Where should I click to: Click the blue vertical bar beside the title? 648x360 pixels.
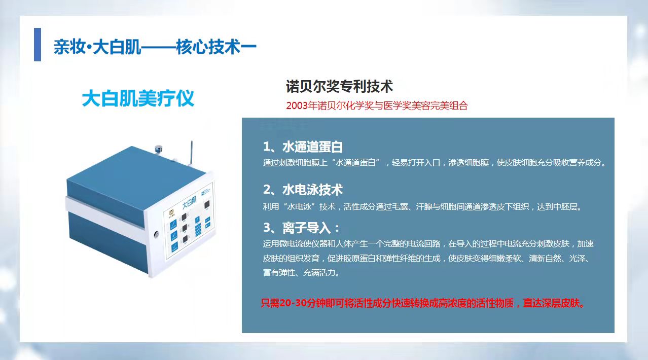38,45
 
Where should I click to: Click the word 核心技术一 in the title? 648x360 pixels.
216,47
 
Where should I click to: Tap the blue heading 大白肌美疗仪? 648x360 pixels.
138,99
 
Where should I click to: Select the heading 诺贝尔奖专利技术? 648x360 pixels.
339,86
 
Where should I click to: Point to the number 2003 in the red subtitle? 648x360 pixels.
297,106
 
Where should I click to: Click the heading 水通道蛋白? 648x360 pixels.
312,147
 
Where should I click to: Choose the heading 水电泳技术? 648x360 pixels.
312,190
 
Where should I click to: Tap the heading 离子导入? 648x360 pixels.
307,228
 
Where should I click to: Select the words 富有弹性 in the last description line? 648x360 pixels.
279,273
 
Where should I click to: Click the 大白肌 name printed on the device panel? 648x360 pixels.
189,202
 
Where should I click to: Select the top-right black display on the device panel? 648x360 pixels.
207,205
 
